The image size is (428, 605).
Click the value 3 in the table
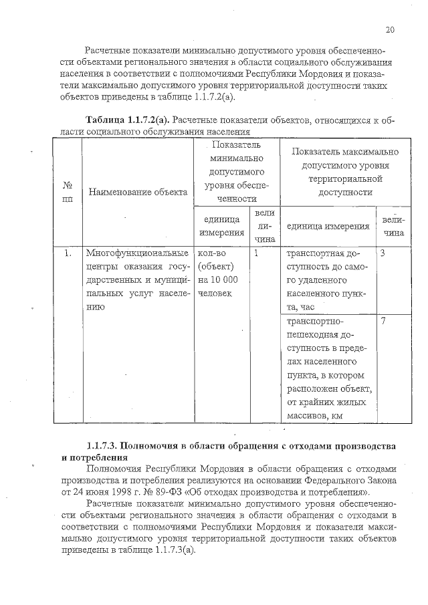click(383, 254)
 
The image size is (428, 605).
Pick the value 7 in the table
click(383, 320)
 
